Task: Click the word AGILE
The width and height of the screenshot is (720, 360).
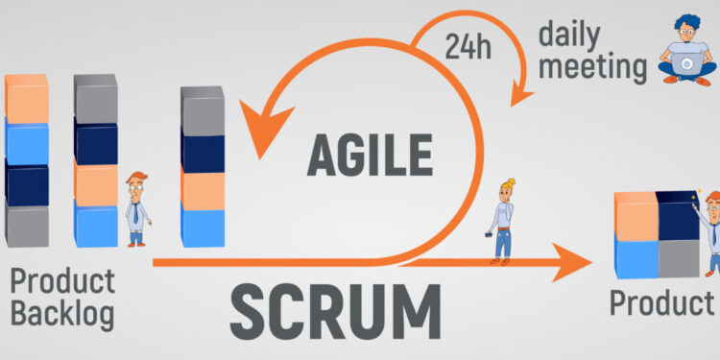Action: (369, 154)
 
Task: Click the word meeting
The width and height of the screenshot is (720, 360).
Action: (592, 68)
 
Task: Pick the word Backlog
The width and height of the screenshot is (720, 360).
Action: (62, 313)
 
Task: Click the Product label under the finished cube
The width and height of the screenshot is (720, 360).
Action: (661, 303)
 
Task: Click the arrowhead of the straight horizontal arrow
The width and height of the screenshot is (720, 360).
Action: (575, 260)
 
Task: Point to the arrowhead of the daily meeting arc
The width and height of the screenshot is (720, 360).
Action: (521, 94)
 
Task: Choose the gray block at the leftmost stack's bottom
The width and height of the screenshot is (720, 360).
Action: (27, 226)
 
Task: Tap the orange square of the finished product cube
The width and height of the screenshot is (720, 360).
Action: (636, 219)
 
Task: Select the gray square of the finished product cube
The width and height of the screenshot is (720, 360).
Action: (680, 256)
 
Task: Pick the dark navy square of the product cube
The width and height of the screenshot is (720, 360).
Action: (680, 217)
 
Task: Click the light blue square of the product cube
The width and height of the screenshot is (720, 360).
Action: (636, 258)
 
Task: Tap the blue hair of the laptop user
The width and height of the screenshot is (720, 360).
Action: (688, 22)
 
